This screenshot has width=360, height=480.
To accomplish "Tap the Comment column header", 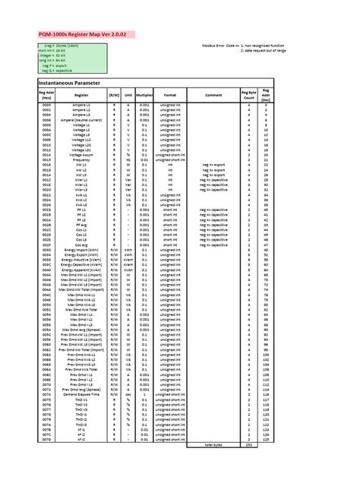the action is tap(213, 95).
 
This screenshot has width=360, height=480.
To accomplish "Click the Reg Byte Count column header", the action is tap(248, 95).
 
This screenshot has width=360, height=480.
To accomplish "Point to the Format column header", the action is tap(170, 95).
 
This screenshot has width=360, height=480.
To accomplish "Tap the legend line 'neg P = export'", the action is tap(57, 65).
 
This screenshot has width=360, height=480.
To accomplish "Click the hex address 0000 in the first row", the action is tap(47, 105).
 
